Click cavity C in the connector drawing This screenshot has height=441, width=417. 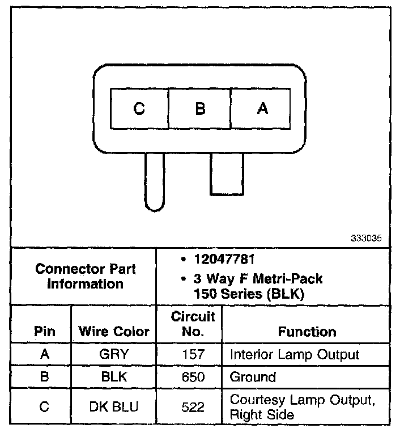[x=139, y=108]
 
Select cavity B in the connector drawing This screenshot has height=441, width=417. [x=199, y=108]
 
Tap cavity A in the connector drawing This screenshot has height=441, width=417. [x=261, y=108]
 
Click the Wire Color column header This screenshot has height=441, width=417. [x=113, y=332]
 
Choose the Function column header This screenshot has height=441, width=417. [x=307, y=332]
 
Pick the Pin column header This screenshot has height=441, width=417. [x=45, y=332]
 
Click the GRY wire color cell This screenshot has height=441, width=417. [x=113, y=355]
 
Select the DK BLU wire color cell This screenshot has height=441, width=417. [x=113, y=406]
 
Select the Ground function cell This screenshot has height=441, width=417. [x=252, y=377]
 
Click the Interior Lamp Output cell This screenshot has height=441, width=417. [x=294, y=355]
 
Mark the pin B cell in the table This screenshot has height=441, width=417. [x=45, y=377]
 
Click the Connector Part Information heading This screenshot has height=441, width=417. [x=85, y=276]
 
